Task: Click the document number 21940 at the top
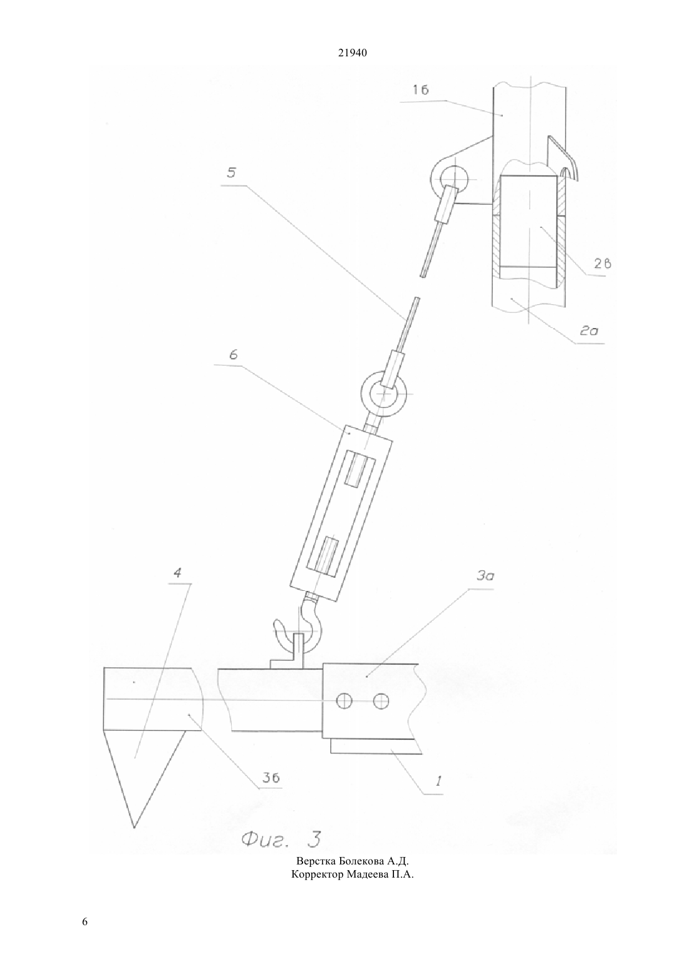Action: click(352, 53)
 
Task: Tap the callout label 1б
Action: click(421, 90)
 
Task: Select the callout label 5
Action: click(231, 173)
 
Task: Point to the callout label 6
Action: click(233, 355)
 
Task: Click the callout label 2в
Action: click(603, 264)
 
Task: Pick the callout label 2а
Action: click(589, 331)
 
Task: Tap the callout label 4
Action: click(177, 573)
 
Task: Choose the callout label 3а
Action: click(485, 576)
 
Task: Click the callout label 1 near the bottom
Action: click(438, 781)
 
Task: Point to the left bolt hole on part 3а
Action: click(344, 701)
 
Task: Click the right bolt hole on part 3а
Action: click(381, 701)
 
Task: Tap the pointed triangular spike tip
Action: click(134, 828)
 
